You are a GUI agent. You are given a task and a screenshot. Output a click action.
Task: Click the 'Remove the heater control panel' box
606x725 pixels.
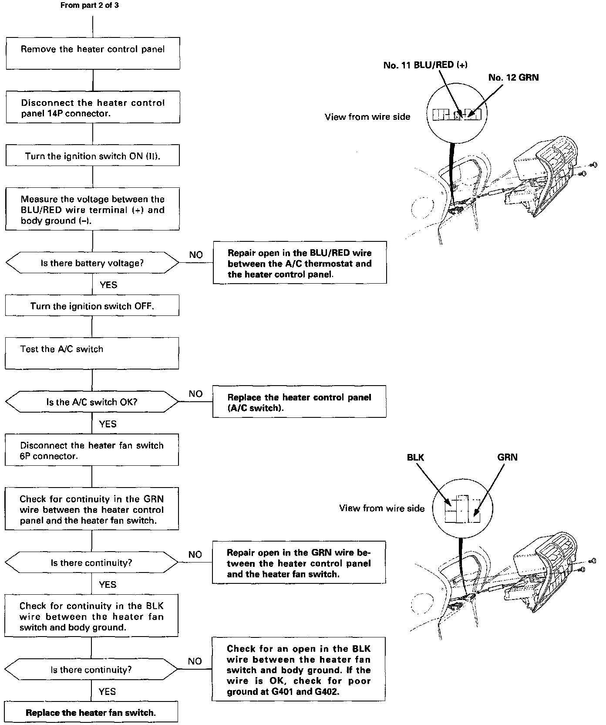(x=93, y=53)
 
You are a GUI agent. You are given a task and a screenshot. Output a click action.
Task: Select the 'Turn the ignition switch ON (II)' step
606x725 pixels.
(x=93, y=156)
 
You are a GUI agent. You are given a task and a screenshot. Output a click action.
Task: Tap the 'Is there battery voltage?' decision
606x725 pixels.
(x=92, y=263)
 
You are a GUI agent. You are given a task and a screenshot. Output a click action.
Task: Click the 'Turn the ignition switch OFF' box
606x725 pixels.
(x=92, y=305)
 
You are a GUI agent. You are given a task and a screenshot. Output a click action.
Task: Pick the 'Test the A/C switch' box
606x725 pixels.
(x=92, y=353)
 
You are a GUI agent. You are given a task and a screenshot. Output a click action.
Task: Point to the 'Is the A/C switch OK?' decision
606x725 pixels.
(x=92, y=401)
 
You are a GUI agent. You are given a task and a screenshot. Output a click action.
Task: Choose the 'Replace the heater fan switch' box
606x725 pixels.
(x=91, y=712)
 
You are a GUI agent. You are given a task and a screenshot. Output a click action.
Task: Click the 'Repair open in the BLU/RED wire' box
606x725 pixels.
(x=300, y=263)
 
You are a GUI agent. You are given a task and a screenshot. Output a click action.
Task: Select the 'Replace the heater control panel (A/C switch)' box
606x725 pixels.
(x=300, y=402)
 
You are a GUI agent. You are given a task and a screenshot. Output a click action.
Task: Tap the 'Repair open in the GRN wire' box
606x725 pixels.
(x=299, y=563)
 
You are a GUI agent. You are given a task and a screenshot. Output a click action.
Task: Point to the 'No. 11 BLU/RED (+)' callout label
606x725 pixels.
(x=425, y=65)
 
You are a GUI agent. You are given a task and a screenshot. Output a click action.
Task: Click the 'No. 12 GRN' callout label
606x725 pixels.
(x=513, y=78)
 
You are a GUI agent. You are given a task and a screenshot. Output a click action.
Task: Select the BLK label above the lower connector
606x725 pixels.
(x=415, y=457)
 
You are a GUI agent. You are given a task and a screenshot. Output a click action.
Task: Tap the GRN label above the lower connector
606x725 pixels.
(x=507, y=457)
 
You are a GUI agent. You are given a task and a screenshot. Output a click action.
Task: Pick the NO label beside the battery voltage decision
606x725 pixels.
(x=196, y=255)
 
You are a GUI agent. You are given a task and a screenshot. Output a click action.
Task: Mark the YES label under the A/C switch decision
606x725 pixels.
(x=108, y=423)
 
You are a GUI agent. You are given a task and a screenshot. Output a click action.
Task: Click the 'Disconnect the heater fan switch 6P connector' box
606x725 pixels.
(x=92, y=450)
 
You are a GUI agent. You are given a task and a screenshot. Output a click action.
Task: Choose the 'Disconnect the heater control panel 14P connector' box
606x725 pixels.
(x=93, y=107)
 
